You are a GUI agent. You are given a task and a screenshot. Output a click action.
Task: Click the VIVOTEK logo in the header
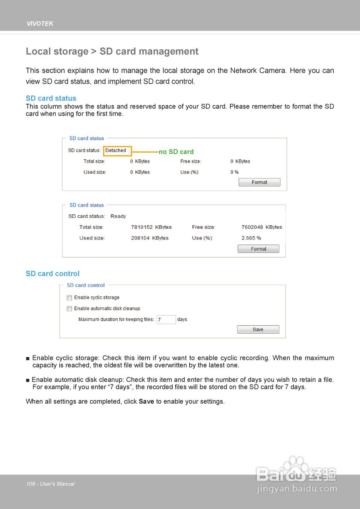pos(40,24)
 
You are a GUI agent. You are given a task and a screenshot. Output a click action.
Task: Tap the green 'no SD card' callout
pos(176,152)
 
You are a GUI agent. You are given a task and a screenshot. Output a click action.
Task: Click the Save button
pos(258,330)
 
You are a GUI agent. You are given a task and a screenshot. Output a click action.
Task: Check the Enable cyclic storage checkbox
pos(69,297)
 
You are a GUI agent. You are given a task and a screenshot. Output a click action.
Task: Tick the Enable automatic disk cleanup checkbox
pos(69,309)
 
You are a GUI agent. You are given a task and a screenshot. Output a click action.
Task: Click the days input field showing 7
pos(166,320)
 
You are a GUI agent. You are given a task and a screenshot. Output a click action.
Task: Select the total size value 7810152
pos(142,227)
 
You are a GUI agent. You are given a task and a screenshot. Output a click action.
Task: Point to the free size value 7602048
pos(252,227)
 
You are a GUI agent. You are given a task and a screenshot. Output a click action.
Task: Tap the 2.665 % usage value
pos(251,238)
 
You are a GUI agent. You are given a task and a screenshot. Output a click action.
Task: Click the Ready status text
pos(118,216)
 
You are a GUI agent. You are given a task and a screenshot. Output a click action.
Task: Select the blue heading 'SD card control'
pos(53,274)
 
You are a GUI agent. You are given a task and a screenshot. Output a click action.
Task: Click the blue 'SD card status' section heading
pos(51,98)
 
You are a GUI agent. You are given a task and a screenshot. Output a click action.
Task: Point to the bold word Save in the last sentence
pos(146,402)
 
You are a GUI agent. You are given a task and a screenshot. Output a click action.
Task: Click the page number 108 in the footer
pos(31,484)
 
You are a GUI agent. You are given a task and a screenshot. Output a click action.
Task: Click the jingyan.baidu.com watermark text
pos(297,489)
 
